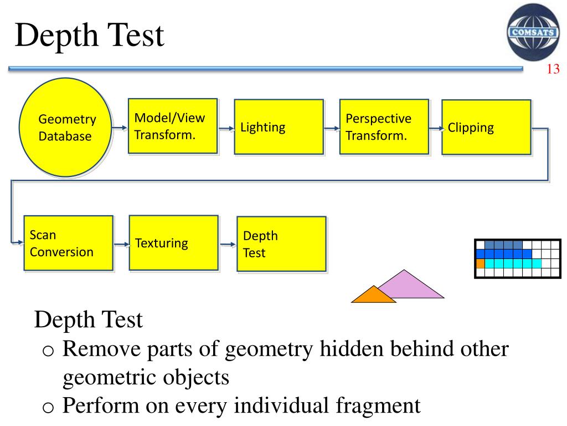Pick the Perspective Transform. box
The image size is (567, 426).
384,126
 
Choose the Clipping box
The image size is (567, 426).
486,128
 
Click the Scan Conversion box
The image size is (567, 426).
68,243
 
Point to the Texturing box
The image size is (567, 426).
173,243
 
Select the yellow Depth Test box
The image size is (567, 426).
281,244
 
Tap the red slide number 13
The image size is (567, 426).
553,69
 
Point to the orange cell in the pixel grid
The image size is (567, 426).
480,263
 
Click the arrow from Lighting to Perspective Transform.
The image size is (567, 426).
331,129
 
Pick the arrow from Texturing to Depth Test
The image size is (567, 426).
227,244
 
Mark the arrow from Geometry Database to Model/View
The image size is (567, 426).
120,128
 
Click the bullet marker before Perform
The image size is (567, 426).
49,407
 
